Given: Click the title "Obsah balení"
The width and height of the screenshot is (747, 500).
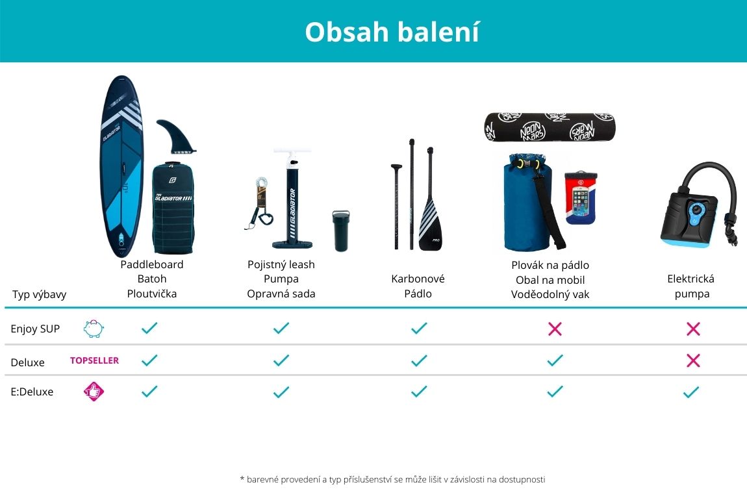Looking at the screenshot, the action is pos(392,32).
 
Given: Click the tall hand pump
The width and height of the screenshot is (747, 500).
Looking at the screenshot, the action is pos(292,199).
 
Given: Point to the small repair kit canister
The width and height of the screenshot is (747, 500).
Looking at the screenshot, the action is pos(340,231).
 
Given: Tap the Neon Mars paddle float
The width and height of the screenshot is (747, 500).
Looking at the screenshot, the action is pos(550,128).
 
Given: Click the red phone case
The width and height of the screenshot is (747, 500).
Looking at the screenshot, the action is pos(581,197).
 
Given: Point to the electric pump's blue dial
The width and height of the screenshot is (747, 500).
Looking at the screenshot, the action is pos(697,210).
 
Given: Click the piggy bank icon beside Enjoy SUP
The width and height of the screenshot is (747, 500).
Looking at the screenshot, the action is pos(94,329).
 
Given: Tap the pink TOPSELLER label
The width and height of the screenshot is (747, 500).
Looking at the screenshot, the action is pos(94,360).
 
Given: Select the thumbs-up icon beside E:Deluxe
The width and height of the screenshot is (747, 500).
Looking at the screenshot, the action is pos(94,392).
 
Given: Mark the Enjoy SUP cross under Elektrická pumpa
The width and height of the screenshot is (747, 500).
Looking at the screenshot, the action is pos(693,329).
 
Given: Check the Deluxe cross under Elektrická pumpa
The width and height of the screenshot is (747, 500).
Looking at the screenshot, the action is pos(693,360).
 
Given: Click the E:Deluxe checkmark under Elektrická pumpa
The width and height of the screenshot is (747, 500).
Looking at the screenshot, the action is pos(691,392).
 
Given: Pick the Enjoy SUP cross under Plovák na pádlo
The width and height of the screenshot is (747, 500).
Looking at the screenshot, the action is pos(555,329).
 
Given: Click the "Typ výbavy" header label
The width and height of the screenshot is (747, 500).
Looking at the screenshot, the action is pos(39,294).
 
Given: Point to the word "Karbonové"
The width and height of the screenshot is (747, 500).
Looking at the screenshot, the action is pos(418,279).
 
